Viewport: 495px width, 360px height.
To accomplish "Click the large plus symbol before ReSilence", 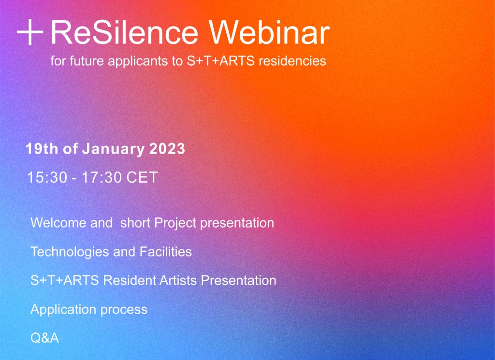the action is tap(30, 32).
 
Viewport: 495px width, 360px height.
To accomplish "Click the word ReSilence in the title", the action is tap(124, 32).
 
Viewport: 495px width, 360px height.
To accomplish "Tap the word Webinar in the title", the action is tap(269, 32).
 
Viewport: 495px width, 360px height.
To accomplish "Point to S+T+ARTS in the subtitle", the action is tap(220, 60).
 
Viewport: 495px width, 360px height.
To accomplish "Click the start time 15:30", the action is tap(47, 177).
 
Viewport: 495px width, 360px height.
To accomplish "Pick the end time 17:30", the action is tap(102, 177).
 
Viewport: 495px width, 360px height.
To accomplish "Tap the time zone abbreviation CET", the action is tap(142, 177).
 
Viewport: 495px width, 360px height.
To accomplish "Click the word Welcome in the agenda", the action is tap(58, 223).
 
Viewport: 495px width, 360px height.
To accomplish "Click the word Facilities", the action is tap(165, 252).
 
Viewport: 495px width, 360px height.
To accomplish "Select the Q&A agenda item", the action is tap(44, 338).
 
